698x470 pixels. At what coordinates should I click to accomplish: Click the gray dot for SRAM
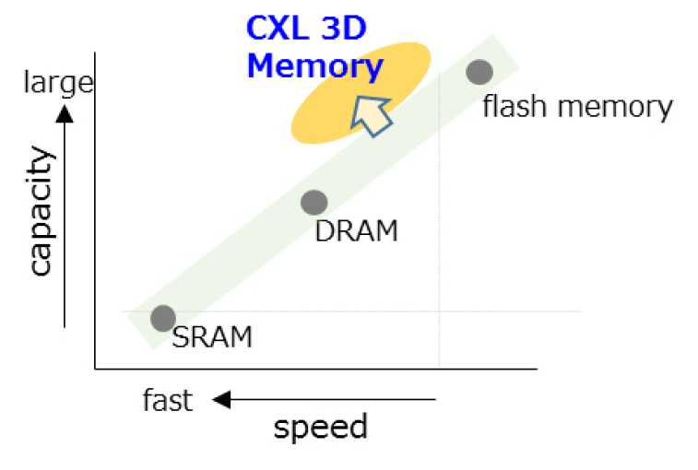tap(162, 318)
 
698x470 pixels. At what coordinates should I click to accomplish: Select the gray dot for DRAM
tap(314, 202)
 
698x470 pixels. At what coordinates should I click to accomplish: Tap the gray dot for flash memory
tap(479, 71)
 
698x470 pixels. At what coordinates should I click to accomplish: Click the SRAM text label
tap(212, 337)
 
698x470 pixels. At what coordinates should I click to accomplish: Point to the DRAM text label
tap(356, 230)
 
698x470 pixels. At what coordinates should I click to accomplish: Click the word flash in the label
tap(512, 107)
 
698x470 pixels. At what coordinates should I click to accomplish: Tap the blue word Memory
tap(314, 66)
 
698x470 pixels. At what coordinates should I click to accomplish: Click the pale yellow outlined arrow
tap(371, 114)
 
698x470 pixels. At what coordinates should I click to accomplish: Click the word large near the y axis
tap(58, 83)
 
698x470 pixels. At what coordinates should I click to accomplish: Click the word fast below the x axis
tap(168, 401)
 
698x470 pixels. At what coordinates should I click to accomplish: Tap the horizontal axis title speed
tap(320, 427)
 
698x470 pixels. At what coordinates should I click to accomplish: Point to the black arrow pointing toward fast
tap(323, 400)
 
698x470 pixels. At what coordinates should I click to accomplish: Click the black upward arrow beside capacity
tap(65, 217)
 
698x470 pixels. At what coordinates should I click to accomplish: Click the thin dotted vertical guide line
tap(439, 230)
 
